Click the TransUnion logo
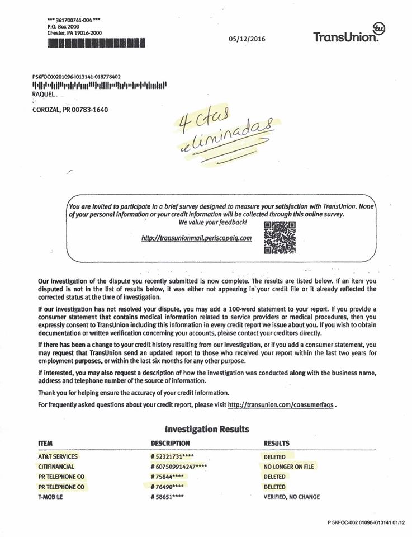point(350,33)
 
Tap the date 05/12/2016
point(247,39)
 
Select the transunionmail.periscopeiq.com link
point(197,238)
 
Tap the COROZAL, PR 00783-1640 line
point(68,110)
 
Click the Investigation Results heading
point(207,430)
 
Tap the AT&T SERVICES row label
point(58,456)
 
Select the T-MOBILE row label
point(50,497)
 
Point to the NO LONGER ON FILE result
point(289,467)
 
